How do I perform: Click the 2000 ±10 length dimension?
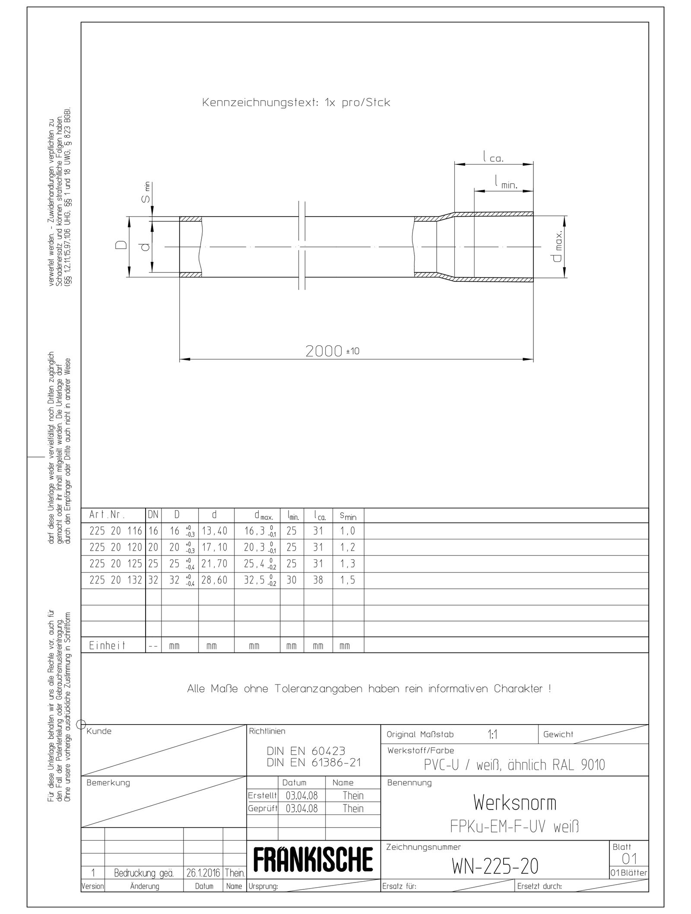pos(332,351)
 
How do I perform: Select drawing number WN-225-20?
pos(495,865)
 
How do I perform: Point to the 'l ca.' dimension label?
pos(493,158)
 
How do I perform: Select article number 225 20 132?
pos(115,580)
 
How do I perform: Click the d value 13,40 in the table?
pos(214,531)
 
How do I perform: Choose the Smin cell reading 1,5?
pos(347,580)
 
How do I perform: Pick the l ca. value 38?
pos(318,580)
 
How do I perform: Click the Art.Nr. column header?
pos(107,515)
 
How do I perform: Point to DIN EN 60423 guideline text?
pos(306,751)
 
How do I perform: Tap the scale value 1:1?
pos(492,735)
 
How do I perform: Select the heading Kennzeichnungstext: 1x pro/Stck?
pos(296,103)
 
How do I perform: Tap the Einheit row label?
pos(107,646)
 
